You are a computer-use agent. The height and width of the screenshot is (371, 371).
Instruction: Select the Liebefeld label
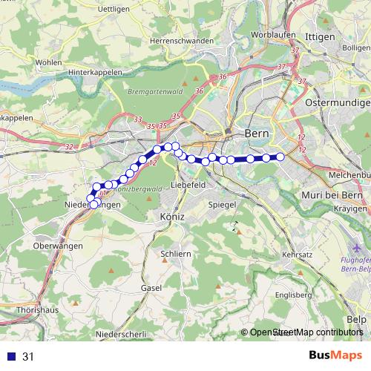coord(188,184)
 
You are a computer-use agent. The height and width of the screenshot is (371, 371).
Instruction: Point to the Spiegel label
coord(222,204)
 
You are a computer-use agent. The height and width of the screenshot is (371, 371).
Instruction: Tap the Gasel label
coord(151,287)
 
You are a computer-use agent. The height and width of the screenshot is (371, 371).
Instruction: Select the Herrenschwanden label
coord(181,41)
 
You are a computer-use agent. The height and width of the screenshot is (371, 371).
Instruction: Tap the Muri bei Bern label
coord(332,195)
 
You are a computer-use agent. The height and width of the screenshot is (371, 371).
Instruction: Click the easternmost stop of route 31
coord(281,157)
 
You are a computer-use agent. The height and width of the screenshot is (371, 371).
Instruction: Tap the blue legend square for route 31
coord(11,357)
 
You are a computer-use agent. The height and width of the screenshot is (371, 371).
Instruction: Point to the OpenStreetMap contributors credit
coord(306,333)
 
